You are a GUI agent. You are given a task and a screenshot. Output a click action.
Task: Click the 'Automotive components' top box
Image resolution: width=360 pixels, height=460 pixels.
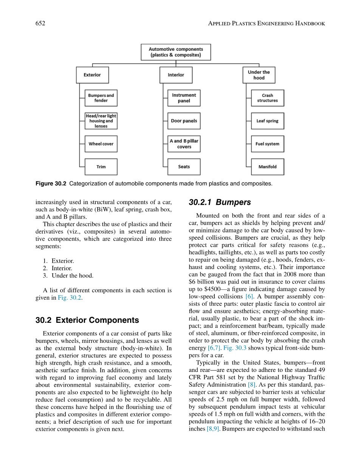click(x=176, y=52)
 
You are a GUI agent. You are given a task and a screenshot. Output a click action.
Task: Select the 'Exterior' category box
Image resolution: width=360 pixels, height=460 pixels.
click(x=92, y=75)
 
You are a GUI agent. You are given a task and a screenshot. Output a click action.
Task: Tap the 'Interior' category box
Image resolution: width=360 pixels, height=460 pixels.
click(x=176, y=75)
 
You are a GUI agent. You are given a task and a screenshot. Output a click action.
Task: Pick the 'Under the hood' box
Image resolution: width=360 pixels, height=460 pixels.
click(x=259, y=75)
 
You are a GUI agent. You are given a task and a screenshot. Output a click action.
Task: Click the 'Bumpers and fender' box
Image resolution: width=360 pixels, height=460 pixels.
click(x=101, y=98)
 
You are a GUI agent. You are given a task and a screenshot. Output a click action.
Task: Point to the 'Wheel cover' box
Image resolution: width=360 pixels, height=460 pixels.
click(x=101, y=144)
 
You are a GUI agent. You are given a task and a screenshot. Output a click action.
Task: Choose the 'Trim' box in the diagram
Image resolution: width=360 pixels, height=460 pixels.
click(x=101, y=167)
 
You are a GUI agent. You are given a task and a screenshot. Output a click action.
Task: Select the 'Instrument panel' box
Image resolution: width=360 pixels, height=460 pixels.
click(x=184, y=98)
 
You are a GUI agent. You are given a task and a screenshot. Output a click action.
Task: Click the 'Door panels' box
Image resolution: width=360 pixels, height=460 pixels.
click(x=184, y=121)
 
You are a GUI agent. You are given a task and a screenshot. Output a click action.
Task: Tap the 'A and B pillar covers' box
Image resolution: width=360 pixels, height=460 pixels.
click(x=184, y=144)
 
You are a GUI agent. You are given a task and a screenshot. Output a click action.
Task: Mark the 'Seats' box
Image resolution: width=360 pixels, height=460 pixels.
click(x=184, y=167)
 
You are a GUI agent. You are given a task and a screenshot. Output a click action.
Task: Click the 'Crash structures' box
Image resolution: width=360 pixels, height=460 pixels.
click(x=267, y=98)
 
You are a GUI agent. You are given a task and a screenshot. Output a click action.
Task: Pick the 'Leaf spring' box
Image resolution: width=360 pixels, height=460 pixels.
click(x=267, y=121)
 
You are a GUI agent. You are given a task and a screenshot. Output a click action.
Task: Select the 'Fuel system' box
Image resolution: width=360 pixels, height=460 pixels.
click(x=267, y=144)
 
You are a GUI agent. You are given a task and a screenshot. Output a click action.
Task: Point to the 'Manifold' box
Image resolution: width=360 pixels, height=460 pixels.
click(x=267, y=167)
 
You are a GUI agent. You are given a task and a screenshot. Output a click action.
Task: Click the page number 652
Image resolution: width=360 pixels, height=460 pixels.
click(x=40, y=23)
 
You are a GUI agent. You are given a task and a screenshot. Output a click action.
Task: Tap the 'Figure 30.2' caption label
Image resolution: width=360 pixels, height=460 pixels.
click(x=51, y=184)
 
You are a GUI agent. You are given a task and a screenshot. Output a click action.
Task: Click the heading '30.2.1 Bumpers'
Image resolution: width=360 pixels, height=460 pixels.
click(x=220, y=202)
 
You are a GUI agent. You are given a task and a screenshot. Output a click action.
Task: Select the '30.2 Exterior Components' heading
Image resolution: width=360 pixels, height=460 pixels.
click(x=87, y=320)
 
